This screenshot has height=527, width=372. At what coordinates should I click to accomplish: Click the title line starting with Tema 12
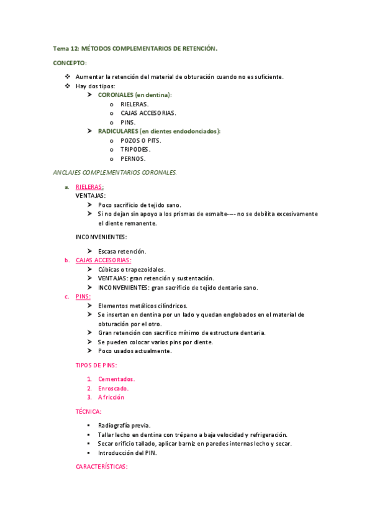pos(135,48)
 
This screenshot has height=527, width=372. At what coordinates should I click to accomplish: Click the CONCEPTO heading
pos(70,63)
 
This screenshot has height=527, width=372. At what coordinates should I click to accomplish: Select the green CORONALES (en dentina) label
pos(134,94)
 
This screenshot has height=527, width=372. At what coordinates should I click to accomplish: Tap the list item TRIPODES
pos(135,149)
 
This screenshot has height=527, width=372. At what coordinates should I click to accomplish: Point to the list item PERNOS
pos(133,158)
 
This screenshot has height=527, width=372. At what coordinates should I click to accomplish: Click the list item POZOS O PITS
pos(140,140)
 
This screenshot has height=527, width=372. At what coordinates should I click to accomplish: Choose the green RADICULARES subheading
pos(159,131)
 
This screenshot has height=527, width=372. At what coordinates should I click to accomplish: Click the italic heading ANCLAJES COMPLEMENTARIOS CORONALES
pos(115,172)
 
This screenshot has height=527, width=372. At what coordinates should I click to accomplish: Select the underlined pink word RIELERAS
pos(89,186)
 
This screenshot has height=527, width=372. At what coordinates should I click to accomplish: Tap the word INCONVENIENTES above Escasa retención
pos(101,237)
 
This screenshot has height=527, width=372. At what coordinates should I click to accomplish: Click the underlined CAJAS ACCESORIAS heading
pos(103,260)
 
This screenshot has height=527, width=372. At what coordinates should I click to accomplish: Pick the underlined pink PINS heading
pos(83,296)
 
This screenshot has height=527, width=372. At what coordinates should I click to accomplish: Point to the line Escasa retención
pos(122,251)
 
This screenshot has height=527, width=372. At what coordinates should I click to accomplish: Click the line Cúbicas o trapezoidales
pos(132,270)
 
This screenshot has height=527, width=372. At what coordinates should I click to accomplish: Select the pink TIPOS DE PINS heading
pos(96,365)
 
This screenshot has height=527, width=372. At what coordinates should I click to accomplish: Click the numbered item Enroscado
pos(113,388)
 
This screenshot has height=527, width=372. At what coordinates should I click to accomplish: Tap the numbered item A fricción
pos(111,397)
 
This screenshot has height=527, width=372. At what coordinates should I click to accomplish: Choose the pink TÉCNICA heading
pos(89,411)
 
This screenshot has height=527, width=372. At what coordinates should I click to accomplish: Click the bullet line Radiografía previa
pos(124,425)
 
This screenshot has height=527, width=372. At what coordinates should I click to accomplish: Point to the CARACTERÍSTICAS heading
pos(101,466)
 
